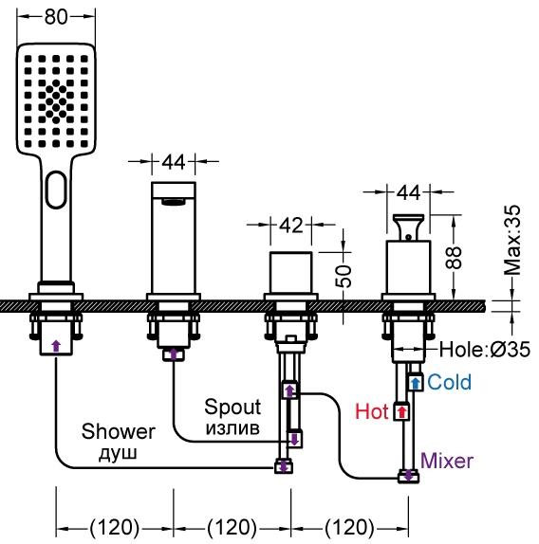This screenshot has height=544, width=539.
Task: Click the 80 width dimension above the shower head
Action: pyautogui.click(x=56, y=17)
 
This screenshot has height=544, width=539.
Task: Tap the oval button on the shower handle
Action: pyautogui.click(x=56, y=190)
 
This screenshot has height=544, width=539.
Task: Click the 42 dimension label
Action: pyautogui.click(x=291, y=226)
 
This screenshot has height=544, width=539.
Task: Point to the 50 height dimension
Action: pyautogui.click(x=344, y=276)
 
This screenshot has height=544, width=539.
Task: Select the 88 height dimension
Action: pyautogui.click(x=454, y=258)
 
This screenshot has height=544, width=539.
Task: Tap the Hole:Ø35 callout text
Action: pyautogui.click(x=485, y=350)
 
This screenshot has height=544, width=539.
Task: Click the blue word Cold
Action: pyautogui.click(x=450, y=382)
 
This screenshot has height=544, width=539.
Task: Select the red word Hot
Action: pyautogui.click(x=372, y=412)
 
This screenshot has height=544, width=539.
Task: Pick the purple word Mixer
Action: pyautogui.click(x=447, y=461)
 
